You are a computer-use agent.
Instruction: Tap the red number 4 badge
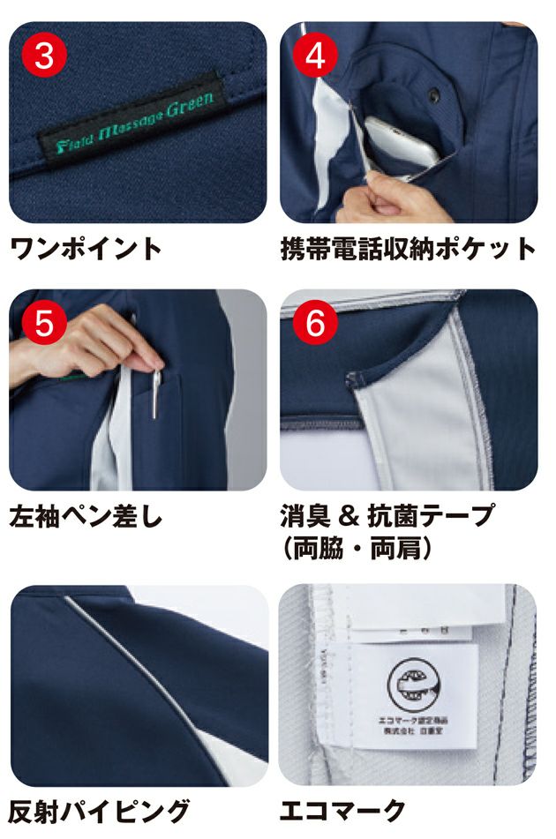point(315,56)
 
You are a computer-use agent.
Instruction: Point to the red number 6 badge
point(315,324)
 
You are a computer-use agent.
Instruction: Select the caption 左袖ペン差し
point(86,516)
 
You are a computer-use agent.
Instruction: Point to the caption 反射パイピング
point(99,809)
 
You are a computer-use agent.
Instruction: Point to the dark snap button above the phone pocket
point(433,93)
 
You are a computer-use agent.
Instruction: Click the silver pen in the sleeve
point(157,393)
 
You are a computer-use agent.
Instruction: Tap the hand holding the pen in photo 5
point(97,340)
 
